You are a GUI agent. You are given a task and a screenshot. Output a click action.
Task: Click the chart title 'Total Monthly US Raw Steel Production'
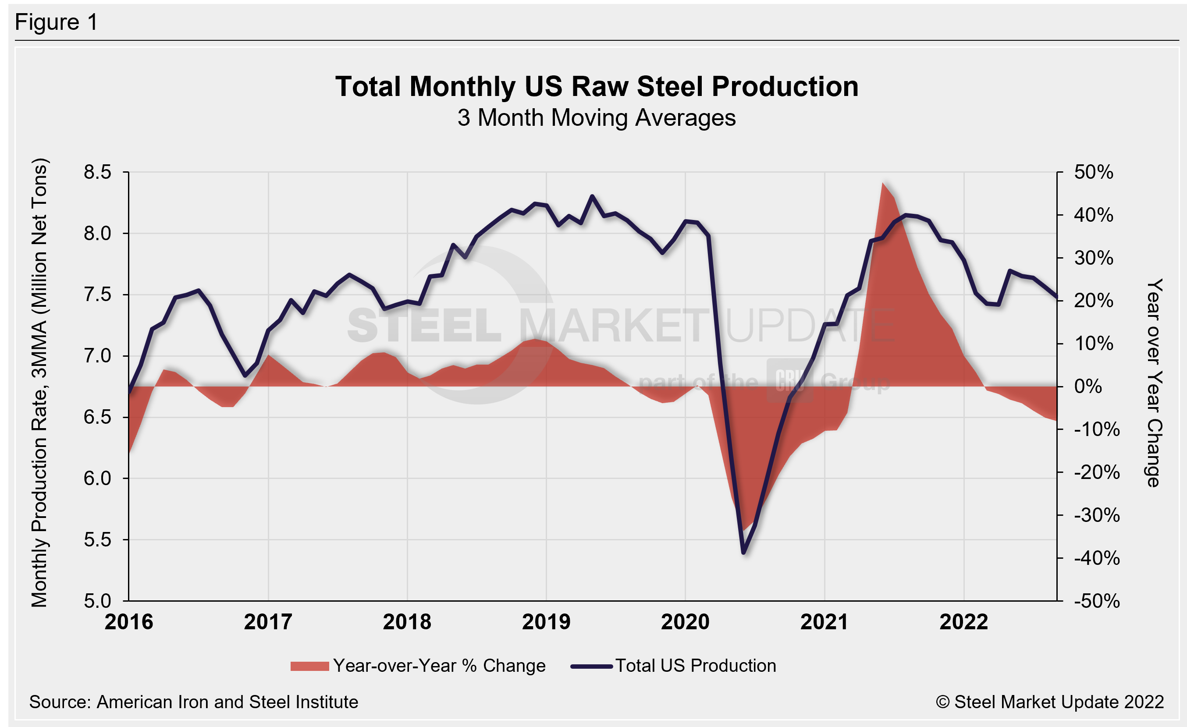point(597,87)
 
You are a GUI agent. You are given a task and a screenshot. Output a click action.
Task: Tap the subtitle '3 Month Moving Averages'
point(597,118)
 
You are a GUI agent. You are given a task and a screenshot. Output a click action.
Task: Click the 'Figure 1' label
point(57,22)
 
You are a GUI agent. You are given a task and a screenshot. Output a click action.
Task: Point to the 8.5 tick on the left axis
point(97,172)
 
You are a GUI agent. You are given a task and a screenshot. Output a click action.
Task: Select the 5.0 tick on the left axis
point(97,601)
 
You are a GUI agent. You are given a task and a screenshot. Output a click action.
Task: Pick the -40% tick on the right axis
point(1096,558)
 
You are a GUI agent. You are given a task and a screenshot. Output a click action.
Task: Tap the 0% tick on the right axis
point(1088,386)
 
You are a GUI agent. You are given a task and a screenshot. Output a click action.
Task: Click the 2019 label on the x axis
point(546,622)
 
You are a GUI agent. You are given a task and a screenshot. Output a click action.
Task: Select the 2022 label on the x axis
point(963,622)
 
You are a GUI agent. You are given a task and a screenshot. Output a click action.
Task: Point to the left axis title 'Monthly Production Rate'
point(39,383)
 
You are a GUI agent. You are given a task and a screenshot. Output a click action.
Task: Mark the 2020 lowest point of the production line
point(743,553)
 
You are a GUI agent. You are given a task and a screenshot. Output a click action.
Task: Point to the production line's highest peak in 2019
point(592,196)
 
